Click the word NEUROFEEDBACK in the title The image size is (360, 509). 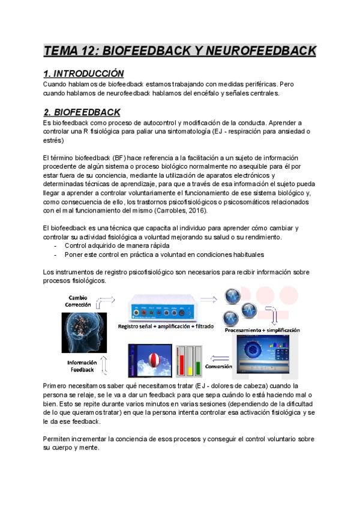click(260, 51)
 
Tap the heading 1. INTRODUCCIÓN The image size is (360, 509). click(83, 74)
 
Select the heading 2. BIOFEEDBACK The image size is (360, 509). click(82, 112)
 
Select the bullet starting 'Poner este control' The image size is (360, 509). click(155, 254)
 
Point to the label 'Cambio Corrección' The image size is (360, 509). click(79, 301)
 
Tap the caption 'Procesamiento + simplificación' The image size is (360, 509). click(262, 330)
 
